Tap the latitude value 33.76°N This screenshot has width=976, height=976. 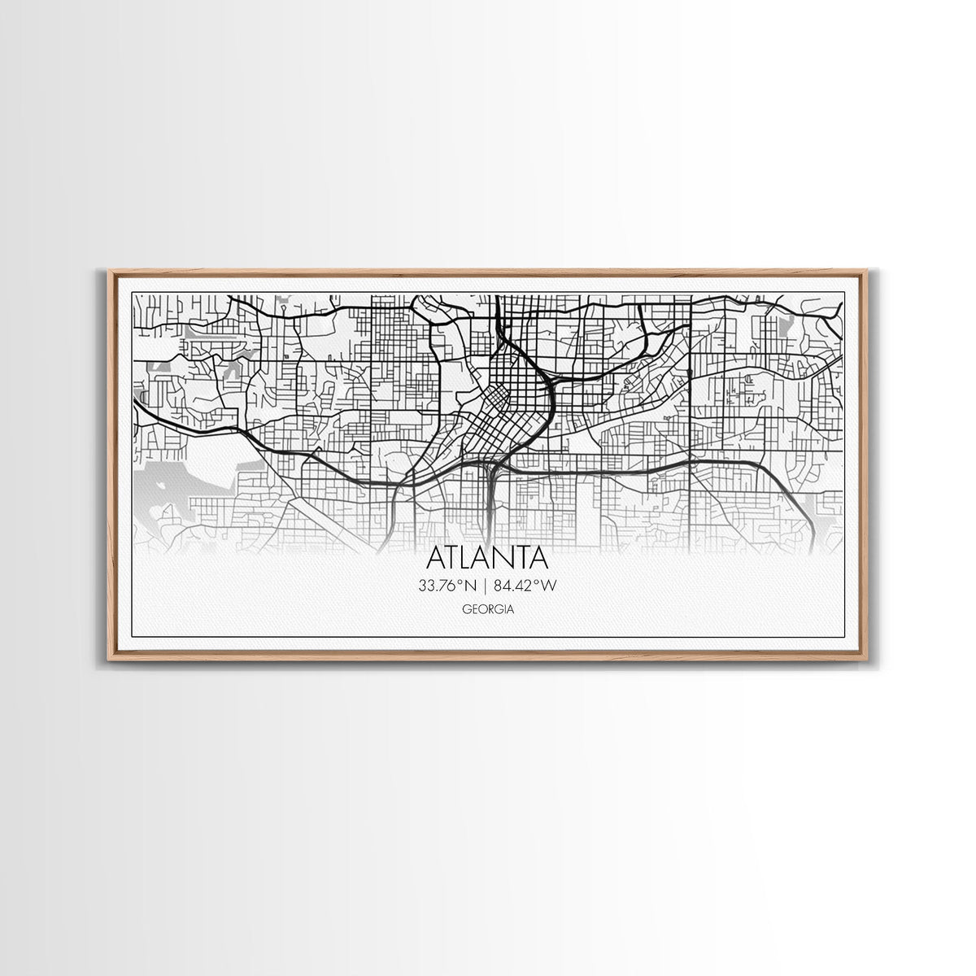click(x=447, y=585)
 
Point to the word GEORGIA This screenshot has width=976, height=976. click(x=488, y=609)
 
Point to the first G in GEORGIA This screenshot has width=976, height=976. click(x=467, y=609)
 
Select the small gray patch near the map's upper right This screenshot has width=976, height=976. click(x=786, y=326)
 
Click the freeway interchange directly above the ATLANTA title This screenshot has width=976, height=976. click(x=490, y=469)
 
